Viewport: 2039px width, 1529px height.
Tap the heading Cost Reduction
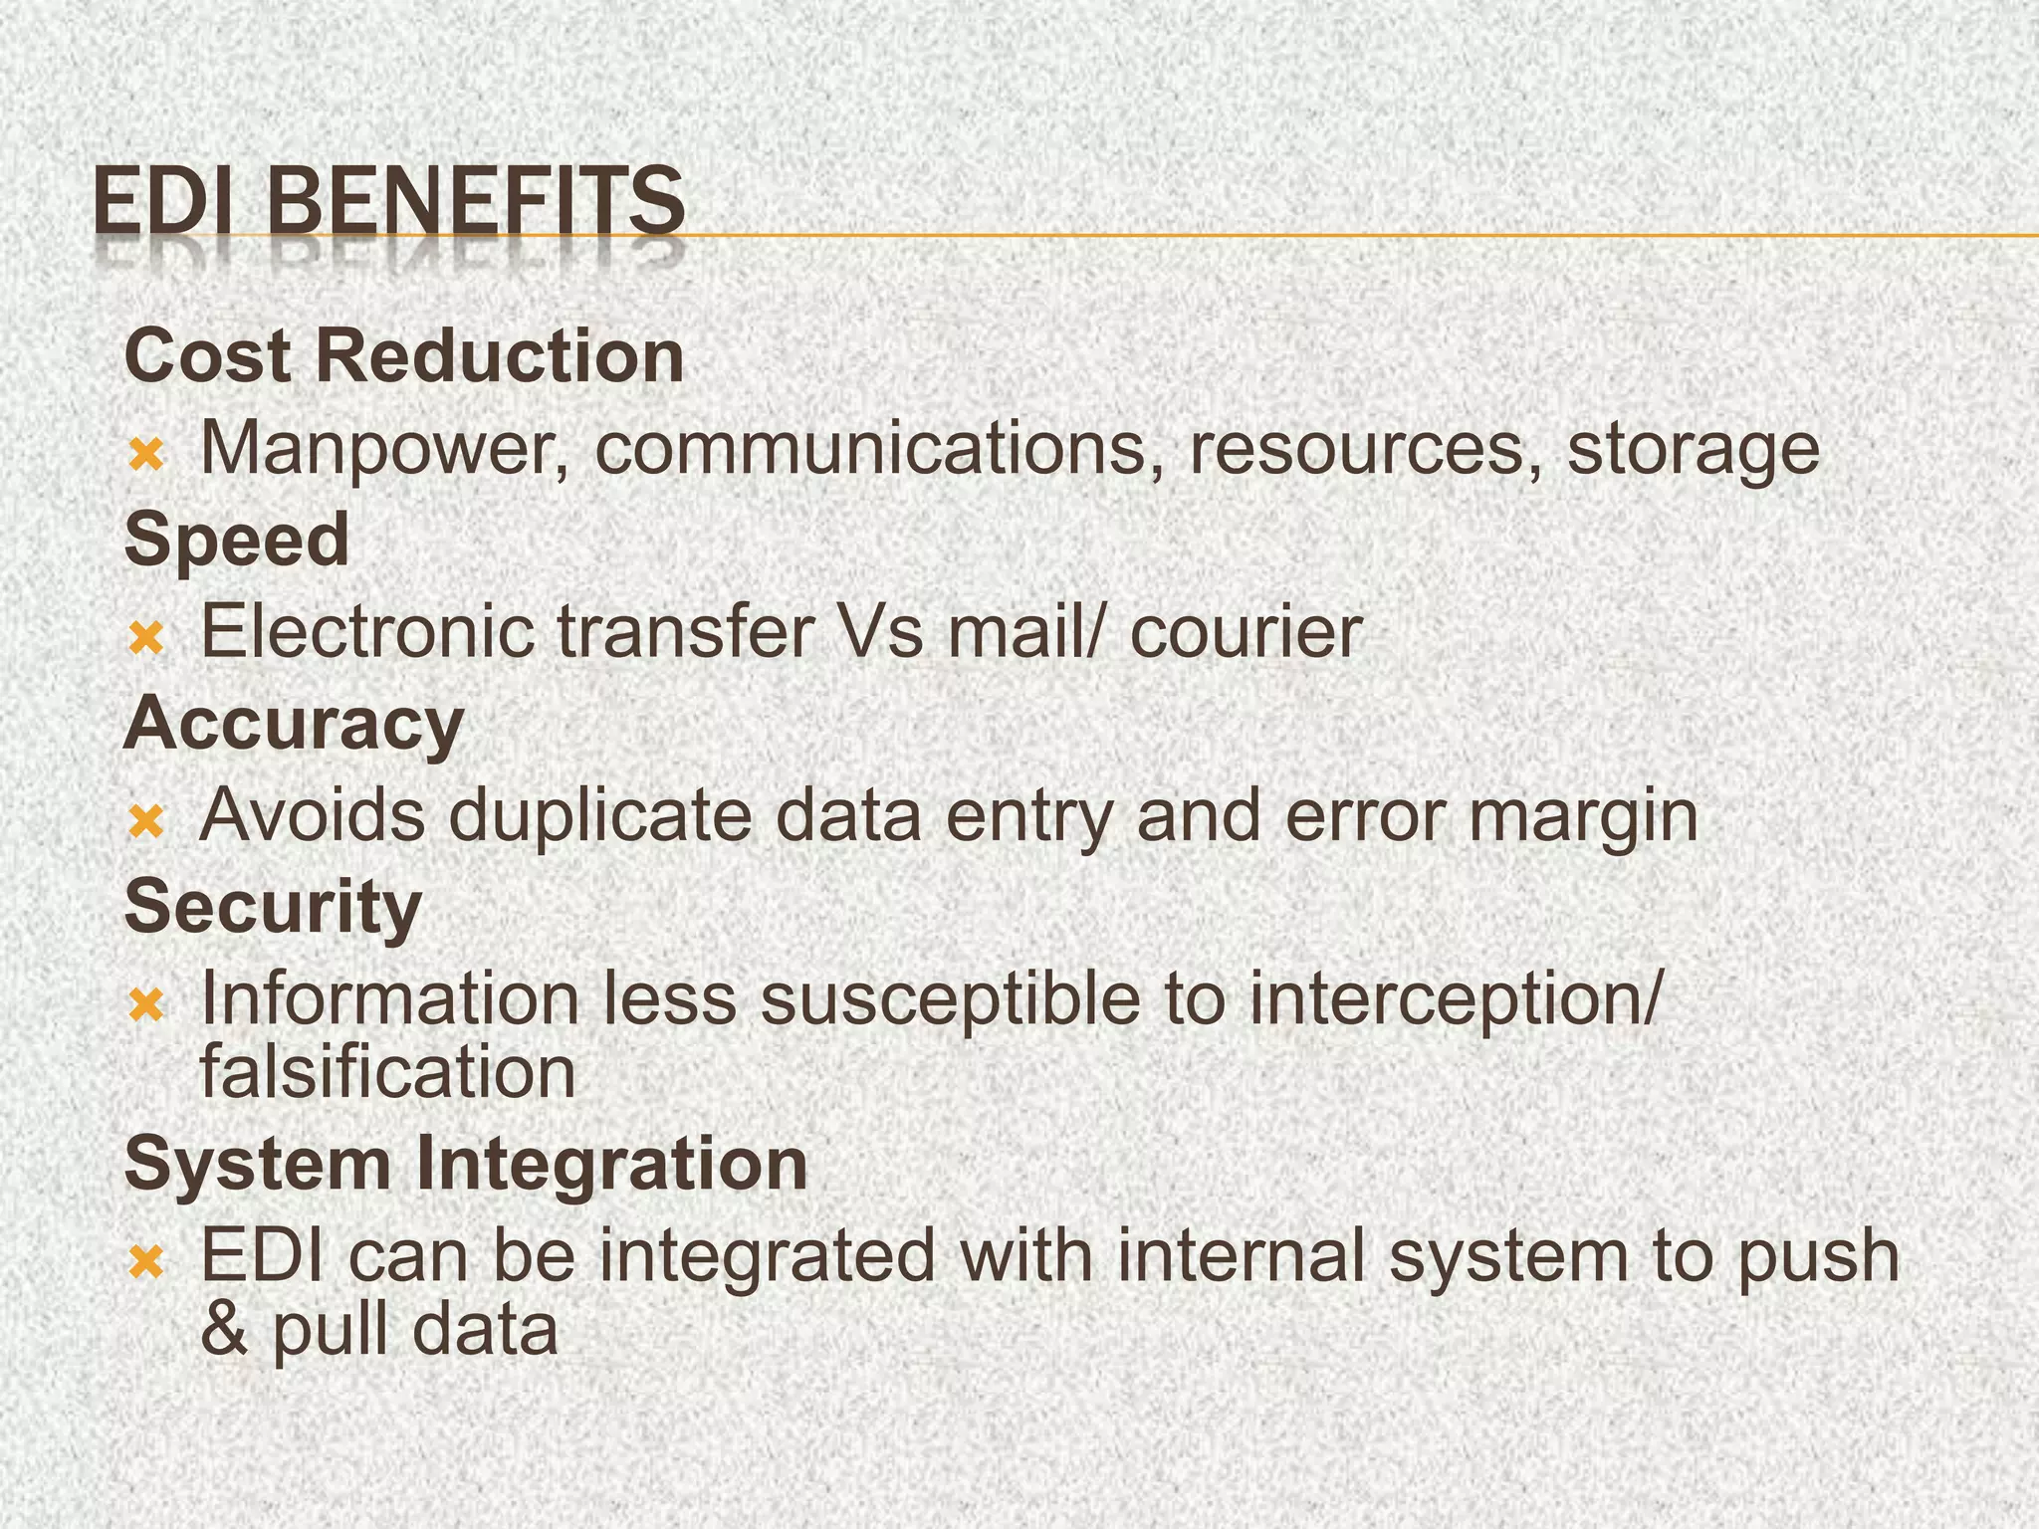click(404, 355)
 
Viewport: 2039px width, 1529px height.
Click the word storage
click(1694, 450)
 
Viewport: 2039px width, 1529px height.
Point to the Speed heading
click(237, 540)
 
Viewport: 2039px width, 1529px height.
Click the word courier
click(1246, 632)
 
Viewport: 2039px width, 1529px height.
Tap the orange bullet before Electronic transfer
click(146, 638)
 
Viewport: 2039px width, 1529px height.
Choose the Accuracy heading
click(294, 724)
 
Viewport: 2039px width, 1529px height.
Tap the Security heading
click(274, 907)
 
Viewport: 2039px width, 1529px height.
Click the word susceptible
click(950, 1000)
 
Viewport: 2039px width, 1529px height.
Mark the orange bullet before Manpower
click(146, 456)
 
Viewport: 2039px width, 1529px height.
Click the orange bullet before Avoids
click(146, 822)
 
